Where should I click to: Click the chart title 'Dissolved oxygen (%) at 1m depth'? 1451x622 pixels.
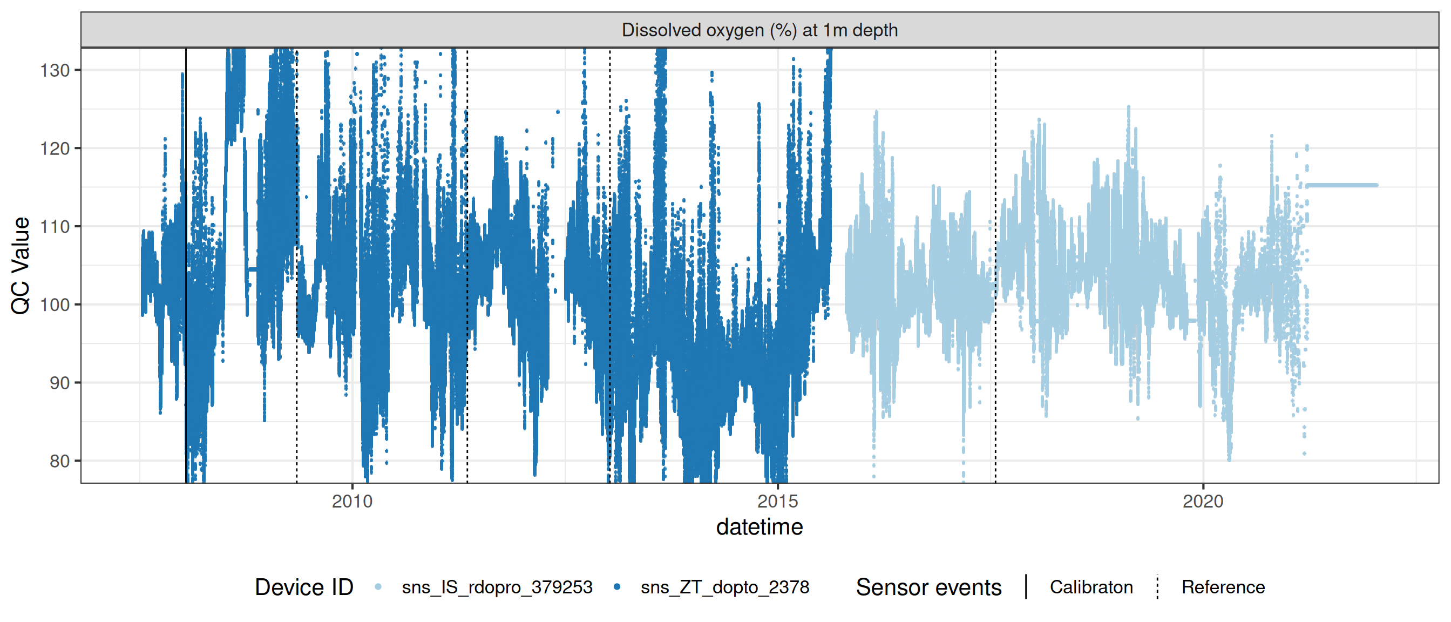tap(760, 30)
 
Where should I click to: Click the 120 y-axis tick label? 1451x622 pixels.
tap(55, 148)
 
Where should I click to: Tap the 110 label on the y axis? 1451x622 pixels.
tap(55, 226)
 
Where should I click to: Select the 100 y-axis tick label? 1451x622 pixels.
tap(55, 305)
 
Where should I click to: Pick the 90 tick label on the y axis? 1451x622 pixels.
tap(60, 383)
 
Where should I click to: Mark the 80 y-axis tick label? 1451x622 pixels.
tap(60, 462)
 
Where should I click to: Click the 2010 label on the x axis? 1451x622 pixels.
tap(352, 502)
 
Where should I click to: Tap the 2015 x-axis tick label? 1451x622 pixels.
tap(777, 502)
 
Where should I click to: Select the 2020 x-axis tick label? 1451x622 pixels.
tap(1203, 502)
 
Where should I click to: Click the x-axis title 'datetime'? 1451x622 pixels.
tap(760, 528)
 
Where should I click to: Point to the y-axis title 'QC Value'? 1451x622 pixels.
tap(21, 265)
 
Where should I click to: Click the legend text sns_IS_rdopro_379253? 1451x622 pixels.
tap(497, 587)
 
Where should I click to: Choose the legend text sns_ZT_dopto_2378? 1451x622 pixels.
tap(724, 587)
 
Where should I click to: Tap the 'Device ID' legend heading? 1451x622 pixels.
tap(303, 587)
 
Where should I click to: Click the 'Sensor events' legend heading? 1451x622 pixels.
tap(928, 587)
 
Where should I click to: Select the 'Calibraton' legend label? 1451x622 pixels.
tap(1091, 587)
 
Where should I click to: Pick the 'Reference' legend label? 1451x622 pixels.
tap(1223, 587)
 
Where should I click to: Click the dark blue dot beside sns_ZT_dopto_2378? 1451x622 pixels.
tap(617, 587)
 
